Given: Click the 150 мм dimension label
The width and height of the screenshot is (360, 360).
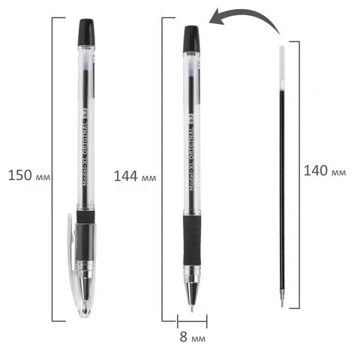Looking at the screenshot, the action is [x=29, y=175].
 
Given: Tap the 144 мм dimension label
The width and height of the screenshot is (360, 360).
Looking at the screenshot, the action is [x=135, y=176].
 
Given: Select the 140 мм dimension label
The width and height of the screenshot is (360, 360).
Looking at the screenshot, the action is [x=325, y=171].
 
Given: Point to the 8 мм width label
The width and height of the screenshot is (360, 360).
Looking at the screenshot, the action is [x=193, y=337].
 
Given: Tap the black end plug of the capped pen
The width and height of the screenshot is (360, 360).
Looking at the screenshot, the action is [x=86, y=32].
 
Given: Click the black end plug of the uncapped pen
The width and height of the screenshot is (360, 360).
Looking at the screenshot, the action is [x=191, y=39].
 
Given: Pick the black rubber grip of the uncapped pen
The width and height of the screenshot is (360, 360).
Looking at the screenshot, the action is [x=192, y=240].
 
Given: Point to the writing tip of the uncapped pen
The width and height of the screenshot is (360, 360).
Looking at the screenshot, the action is [x=192, y=309].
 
